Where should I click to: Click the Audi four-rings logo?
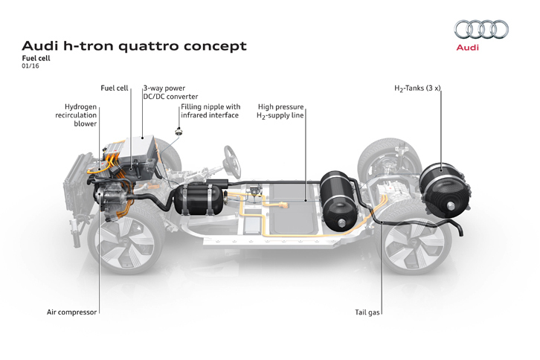[x=481, y=30]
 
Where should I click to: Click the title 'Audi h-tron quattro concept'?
[x=134, y=46]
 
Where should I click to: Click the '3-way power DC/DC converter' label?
[x=164, y=92]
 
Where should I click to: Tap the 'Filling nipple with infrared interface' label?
[x=210, y=112]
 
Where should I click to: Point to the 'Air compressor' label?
[x=71, y=312]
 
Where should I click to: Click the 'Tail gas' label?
[x=368, y=312]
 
